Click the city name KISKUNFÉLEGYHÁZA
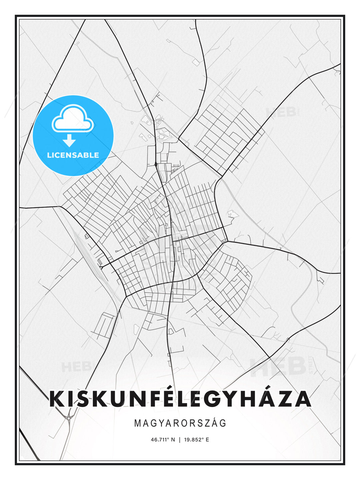click(x=180, y=399)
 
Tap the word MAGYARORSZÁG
click(x=180, y=423)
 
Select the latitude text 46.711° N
click(x=163, y=440)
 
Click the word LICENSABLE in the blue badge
click(x=73, y=155)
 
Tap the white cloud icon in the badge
click(x=73, y=119)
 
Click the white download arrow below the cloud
click(x=69, y=140)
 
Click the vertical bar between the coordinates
click(x=180, y=440)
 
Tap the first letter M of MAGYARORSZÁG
click(x=137, y=423)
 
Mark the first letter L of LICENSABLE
click(x=49, y=155)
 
